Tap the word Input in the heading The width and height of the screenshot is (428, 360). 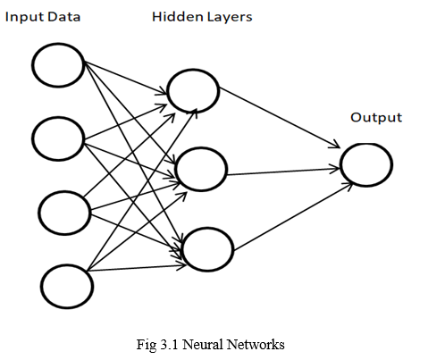(25, 17)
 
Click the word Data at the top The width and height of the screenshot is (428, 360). (64, 17)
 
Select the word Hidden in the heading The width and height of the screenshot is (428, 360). (178, 17)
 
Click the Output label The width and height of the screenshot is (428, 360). (376, 117)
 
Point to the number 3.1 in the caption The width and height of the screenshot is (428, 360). (169, 345)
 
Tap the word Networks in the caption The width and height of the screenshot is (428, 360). (256, 345)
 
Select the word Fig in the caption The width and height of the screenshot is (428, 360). (147, 346)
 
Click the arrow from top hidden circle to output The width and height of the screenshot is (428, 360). (280, 117)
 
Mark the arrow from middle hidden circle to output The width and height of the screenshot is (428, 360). (283, 172)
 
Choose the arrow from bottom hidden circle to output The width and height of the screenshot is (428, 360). (293, 216)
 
